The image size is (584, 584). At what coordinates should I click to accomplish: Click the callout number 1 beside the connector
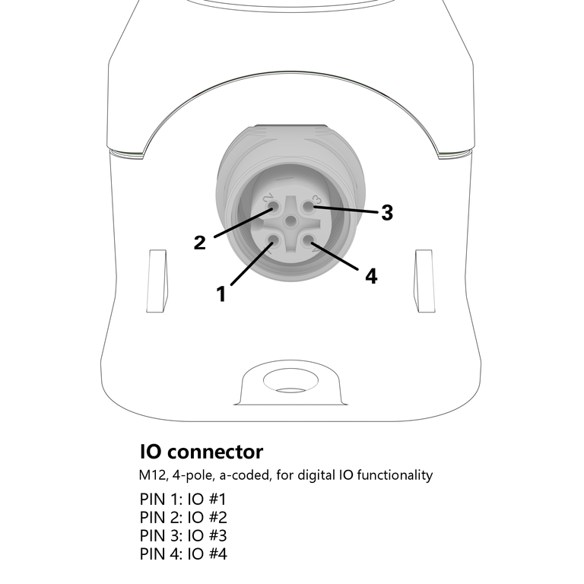[221, 294]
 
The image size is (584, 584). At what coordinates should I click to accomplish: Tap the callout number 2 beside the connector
[200, 243]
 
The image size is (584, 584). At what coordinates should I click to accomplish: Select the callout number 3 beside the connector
[387, 213]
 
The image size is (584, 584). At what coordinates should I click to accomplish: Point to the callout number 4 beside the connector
[371, 276]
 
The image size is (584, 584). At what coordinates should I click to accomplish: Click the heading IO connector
[202, 452]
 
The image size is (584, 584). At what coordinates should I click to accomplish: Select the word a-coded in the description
[243, 475]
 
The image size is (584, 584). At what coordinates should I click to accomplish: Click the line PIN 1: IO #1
[183, 500]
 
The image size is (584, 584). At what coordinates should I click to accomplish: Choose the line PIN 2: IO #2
[183, 518]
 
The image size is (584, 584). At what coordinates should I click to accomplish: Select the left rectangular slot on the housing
[157, 281]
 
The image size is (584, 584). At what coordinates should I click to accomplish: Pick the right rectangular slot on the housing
[423, 281]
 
